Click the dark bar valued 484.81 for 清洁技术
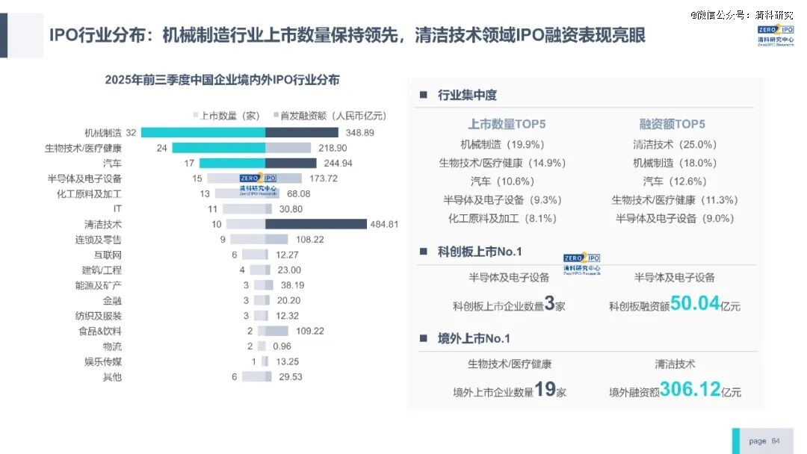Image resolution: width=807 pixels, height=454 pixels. tap(316, 224)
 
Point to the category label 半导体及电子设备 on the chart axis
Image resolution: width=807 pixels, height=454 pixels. tap(84, 178)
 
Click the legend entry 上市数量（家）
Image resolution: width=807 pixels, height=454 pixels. tap(229, 116)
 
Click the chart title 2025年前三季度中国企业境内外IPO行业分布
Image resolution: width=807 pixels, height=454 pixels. tap(222, 79)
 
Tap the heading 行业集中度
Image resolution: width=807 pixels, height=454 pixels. tap(467, 95)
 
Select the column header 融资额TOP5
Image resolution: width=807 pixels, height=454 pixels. tap(672, 124)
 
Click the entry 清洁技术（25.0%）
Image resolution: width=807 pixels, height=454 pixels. tap(675, 144)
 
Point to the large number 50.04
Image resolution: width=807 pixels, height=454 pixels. tap(694, 304)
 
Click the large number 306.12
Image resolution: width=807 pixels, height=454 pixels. tap(690, 389)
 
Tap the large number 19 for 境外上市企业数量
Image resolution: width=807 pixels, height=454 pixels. tap(545, 389)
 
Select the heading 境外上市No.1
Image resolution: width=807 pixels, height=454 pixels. tap(474, 338)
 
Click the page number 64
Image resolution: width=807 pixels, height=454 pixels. tap(775, 441)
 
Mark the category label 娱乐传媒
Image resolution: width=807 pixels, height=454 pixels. tap(102, 361)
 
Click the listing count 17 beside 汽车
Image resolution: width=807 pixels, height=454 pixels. tap(189, 163)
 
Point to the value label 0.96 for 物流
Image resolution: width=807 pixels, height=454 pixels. tap(282, 346)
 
